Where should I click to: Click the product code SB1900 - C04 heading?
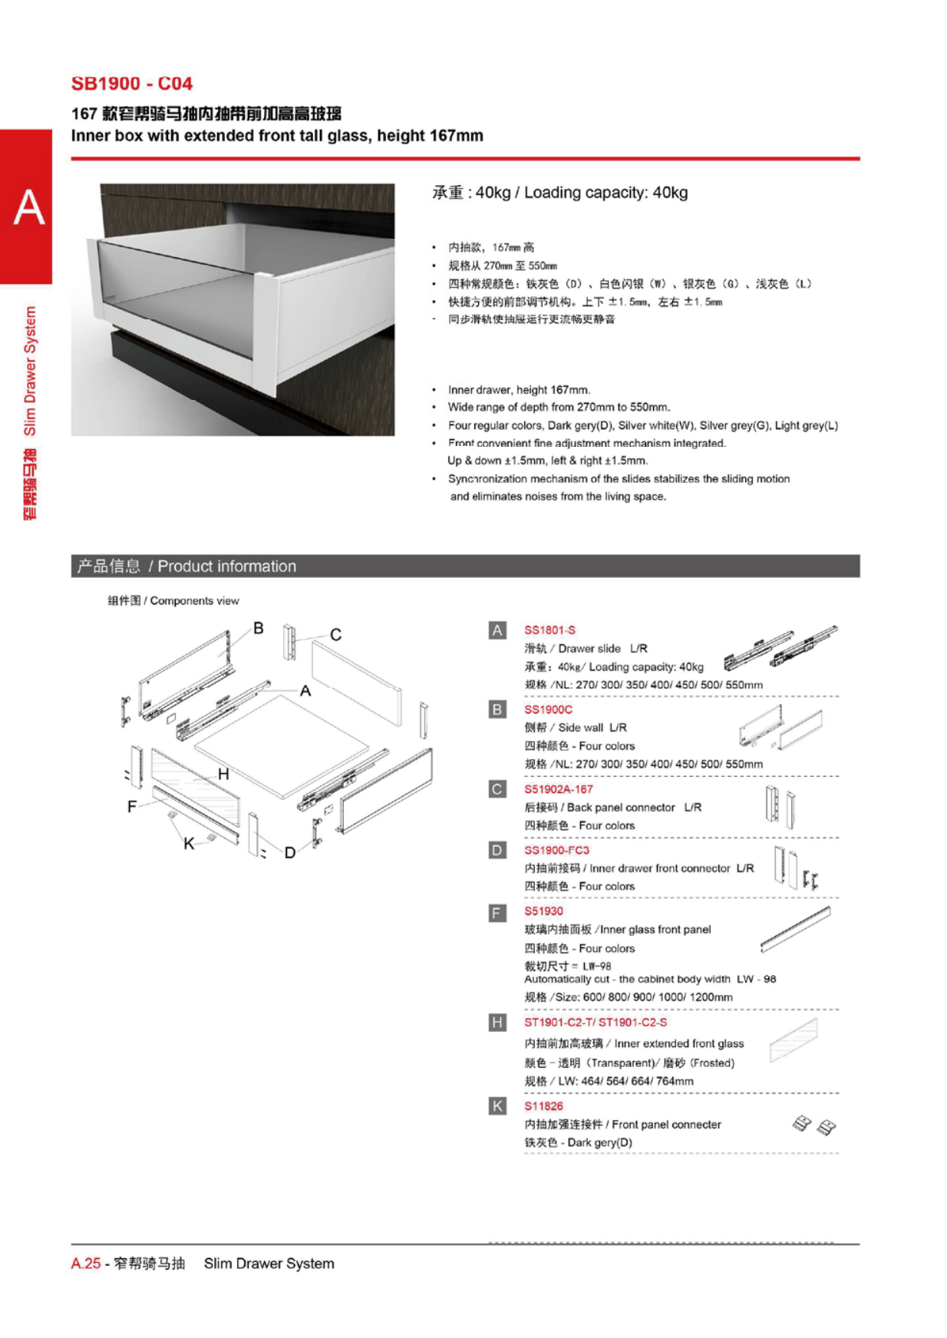pyautogui.click(x=131, y=84)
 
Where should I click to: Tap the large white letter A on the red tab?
pyautogui.click(x=29, y=207)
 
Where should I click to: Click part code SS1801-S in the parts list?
pyautogui.click(x=549, y=630)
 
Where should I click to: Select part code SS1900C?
pyautogui.click(x=548, y=709)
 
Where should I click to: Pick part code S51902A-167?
pyautogui.click(x=558, y=789)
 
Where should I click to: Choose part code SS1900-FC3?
pyautogui.click(x=556, y=850)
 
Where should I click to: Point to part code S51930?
pyautogui.click(x=543, y=911)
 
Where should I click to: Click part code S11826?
pyautogui.click(x=543, y=1106)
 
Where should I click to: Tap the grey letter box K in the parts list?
pyautogui.click(x=497, y=1106)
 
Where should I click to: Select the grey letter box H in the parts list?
pyautogui.click(x=497, y=1022)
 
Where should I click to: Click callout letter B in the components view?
pyautogui.click(x=259, y=628)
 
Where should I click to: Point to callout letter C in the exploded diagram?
pyautogui.click(x=335, y=635)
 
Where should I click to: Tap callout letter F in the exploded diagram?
pyautogui.click(x=132, y=806)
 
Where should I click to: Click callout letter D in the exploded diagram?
pyautogui.click(x=290, y=852)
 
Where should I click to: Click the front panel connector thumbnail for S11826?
pyautogui.click(x=813, y=1126)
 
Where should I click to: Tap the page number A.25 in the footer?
pyautogui.click(x=86, y=1264)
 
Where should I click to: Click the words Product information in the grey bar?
pyautogui.click(x=226, y=567)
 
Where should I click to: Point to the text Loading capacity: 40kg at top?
pyautogui.click(x=605, y=193)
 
